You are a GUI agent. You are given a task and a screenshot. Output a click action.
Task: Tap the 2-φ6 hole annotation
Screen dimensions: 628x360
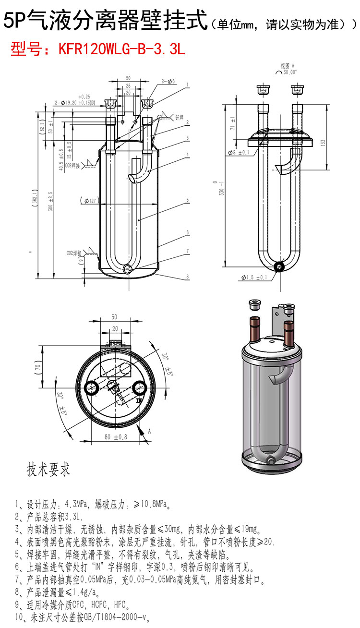(168, 82)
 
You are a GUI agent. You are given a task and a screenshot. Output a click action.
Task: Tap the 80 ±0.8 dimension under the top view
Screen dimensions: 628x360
(116, 437)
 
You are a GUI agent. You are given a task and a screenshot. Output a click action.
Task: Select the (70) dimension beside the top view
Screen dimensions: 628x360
(37, 368)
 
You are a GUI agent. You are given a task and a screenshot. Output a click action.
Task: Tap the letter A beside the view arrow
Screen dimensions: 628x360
(149, 432)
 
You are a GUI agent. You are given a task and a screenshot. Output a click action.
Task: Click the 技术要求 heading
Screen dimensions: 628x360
(48, 469)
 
